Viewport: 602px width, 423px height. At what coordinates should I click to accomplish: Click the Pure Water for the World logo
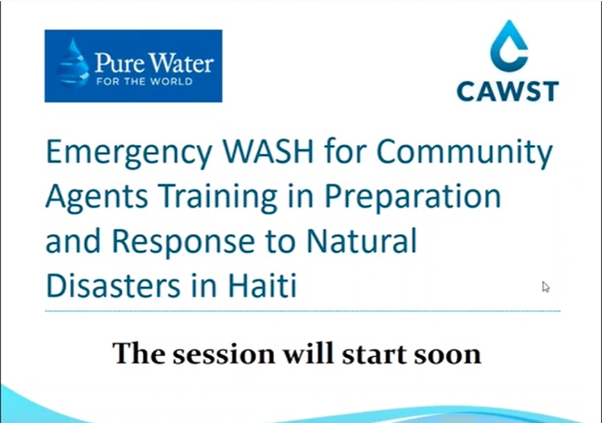(x=133, y=66)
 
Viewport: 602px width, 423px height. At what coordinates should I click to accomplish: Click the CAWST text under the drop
(x=508, y=90)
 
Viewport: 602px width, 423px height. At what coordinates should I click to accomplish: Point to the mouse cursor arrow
(x=546, y=286)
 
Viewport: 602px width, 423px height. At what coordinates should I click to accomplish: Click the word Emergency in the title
(x=122, y=154)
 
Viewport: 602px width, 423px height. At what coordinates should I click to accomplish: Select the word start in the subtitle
(x=372, y=354)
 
